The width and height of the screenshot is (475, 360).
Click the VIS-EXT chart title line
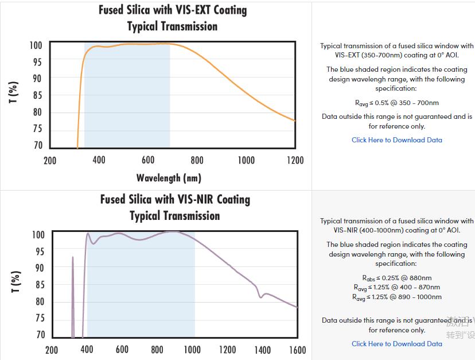coord(172,10)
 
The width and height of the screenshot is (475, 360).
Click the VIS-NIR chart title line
coord(175,200)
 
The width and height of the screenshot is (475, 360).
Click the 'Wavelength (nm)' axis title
coord(169,177)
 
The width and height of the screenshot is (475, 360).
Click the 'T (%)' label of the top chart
coord(14,92)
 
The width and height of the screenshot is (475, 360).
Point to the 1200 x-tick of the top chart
coord(295,160)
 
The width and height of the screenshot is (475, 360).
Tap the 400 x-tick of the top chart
coord(99,160)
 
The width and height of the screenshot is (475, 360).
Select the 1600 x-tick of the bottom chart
coord(298,350)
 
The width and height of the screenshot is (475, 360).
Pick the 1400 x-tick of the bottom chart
coord(263,350)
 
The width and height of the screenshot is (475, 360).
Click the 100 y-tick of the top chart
coord(36,45)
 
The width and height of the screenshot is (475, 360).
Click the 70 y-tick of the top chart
coord(38,145)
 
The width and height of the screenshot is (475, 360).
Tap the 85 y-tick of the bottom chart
coord(38,285)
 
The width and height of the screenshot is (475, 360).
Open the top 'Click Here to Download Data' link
coord(396,140)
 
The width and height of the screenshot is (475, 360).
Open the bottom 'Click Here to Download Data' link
coord(396,343)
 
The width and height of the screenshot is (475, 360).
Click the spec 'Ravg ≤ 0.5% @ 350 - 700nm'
coord(396,103)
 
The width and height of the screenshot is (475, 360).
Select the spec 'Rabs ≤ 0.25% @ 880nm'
coord(396,278)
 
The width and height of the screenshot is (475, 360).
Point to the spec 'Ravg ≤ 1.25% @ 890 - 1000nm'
coord(396,297)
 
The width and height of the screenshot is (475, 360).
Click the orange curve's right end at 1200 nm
coord(294,120)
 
